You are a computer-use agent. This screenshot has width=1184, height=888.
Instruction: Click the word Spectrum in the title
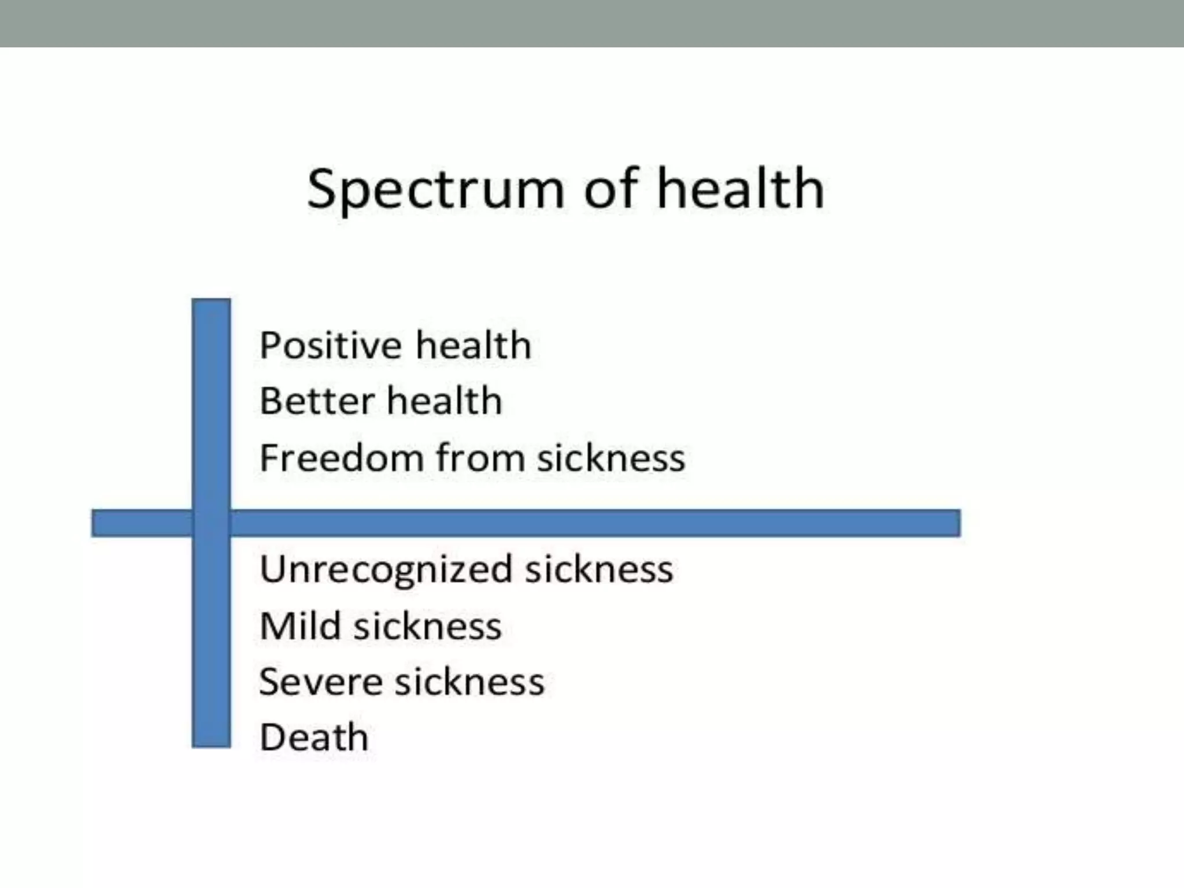pyautogui.click(x=435, y=190)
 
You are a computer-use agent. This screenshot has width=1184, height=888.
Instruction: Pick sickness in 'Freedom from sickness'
pyautogui.click(x=610, y=458)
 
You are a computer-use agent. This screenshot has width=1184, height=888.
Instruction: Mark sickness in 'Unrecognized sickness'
pyautogui.click(x=599, y=569)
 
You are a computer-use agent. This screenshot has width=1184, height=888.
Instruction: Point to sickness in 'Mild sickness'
pyautogui.click(x=428, y=626)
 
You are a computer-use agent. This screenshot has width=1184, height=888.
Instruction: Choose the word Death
pyautogui.click(x=314, y=738)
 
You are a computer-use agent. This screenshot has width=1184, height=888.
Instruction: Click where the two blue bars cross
pyautogui.click(x=211, y=523)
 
